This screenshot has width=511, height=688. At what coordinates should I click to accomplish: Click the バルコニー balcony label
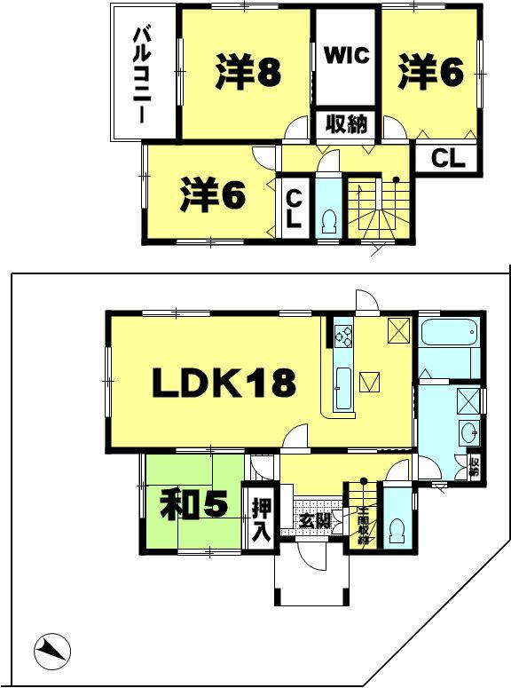coord(140,75)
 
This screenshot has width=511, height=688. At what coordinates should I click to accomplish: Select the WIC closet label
coord(345,55)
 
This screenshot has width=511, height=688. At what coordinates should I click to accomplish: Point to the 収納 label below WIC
coord(345,124)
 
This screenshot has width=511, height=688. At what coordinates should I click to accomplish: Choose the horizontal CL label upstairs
coord(448,159)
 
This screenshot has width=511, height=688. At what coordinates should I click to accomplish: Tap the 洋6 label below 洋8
coord(213,196)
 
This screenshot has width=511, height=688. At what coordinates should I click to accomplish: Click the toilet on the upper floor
coord(327,219)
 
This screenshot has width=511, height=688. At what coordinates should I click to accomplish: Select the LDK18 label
coord(223,383)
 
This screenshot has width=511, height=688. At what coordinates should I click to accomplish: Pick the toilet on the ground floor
coord(397,531)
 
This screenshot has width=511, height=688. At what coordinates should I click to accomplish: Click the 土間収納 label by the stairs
coord(362,524)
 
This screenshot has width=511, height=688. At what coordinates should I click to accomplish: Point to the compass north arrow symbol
coord(51,655)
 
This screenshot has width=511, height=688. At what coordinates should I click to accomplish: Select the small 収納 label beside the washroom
coord(474,466)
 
